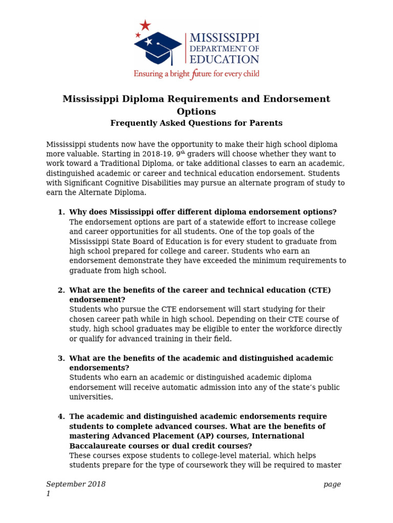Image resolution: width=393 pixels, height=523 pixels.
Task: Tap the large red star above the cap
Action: point(145,25)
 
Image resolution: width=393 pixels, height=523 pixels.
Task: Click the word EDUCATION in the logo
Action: point(225,59)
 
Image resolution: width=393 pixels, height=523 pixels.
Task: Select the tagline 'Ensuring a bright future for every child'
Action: point(196,74)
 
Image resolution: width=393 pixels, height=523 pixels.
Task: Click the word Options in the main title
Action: point(196,111)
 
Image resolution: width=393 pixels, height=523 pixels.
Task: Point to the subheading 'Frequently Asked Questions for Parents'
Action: point(196,123)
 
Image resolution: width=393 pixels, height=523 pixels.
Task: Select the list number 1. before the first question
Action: point(61,212)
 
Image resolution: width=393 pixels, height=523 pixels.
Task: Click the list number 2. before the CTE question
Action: point(61,290)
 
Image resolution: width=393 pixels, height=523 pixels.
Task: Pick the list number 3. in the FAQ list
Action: point(61,359)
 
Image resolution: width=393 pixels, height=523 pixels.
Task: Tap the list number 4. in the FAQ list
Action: point(61,417)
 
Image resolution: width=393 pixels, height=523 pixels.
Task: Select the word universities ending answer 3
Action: point(91,397)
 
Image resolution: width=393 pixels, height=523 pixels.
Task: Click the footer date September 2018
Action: point(76,484)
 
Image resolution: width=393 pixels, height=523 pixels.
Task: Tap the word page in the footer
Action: point(332,484)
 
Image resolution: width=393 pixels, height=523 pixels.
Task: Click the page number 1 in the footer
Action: point(49,494)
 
